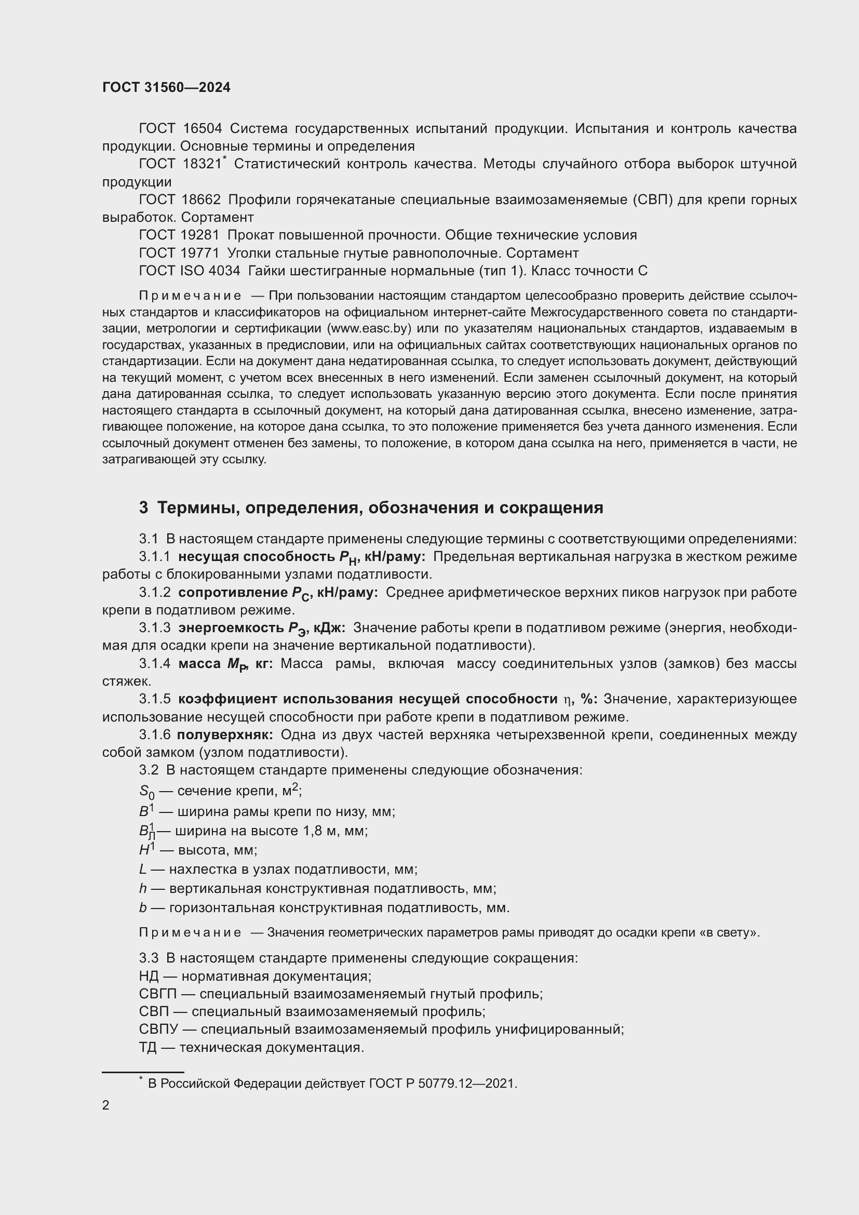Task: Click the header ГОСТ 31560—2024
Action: (x=166, y=88)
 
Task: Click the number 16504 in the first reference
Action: (x=202, y=129)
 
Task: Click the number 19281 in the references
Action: (x=200, y=235)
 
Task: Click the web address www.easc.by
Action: (x=370, y=328)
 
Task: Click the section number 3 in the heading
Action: (x=143, y=508)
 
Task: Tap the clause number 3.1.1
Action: (x=154, y=557)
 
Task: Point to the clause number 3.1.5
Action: (x=154, y=699)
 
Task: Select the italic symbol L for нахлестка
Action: (x=143, y=870)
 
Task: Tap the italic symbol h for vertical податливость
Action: (x=143, y=889)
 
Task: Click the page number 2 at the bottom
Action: (x=106, y=1105)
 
